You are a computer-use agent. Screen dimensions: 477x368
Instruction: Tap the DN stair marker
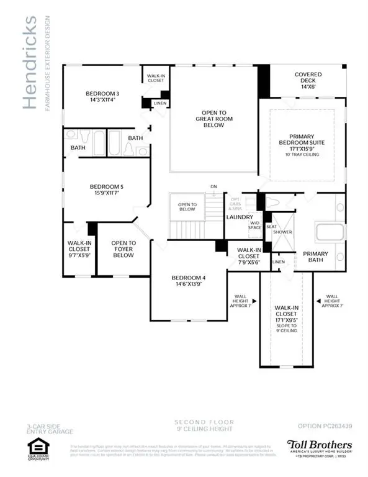[214, 186]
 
